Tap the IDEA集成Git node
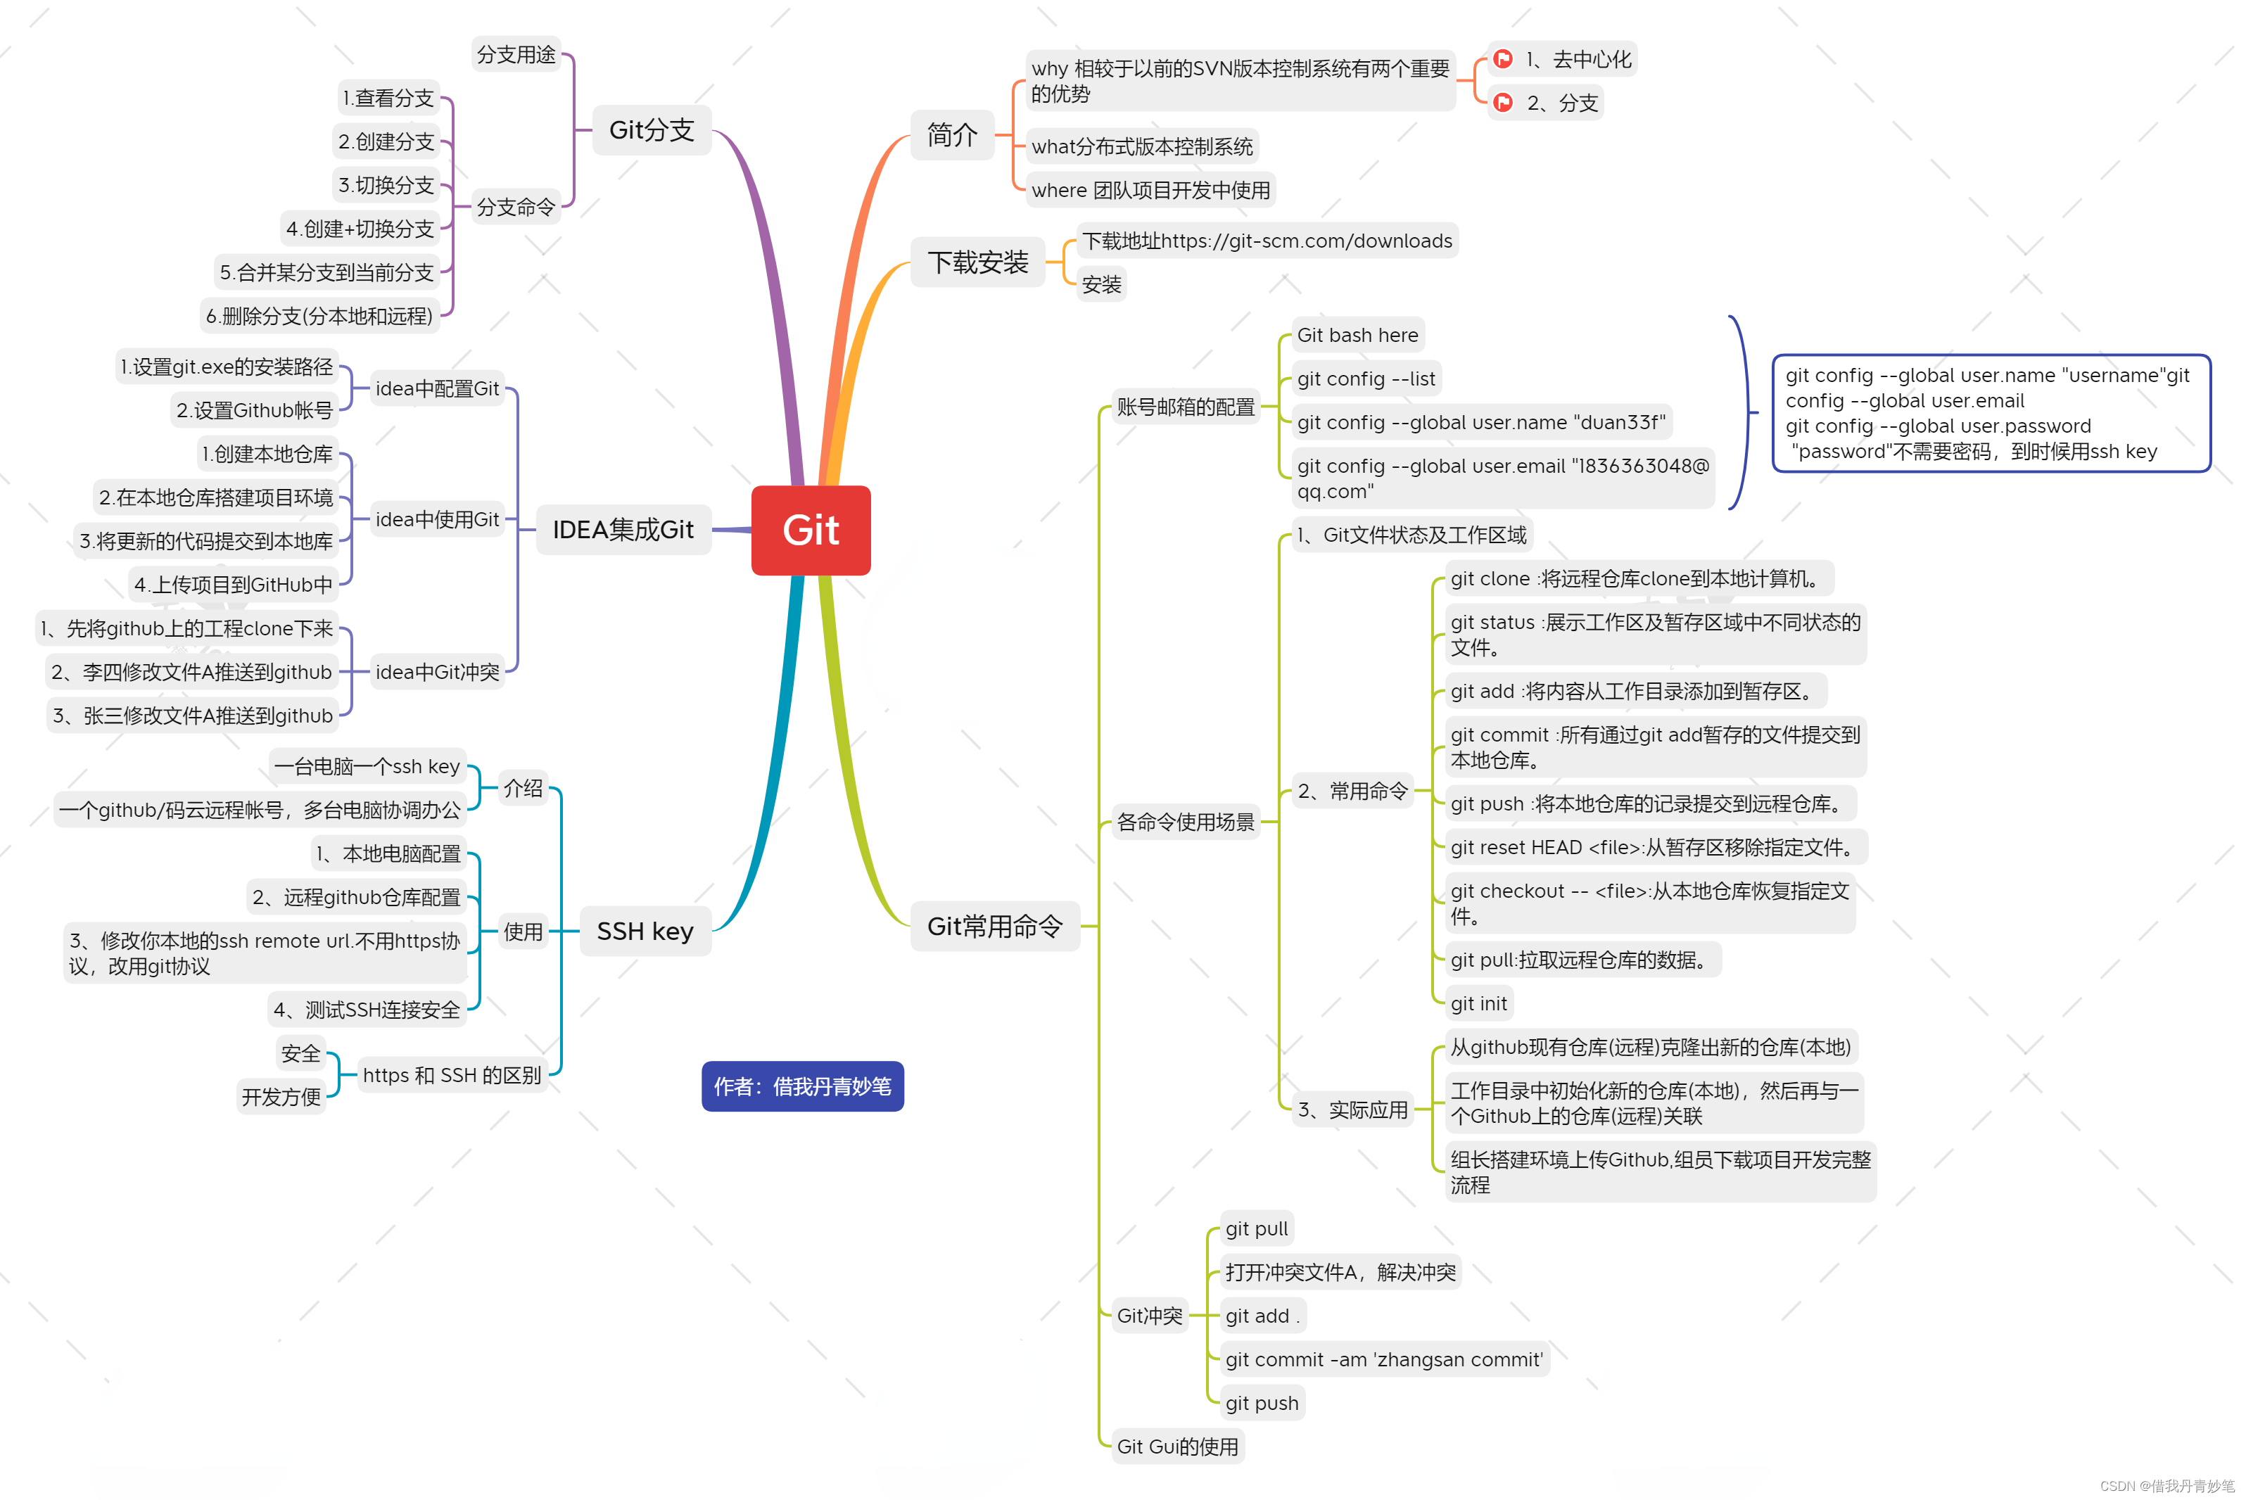click(x=623, y=530)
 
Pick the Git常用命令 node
click(x=995, y=926)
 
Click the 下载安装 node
click(x=977, y=262)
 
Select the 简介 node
click(x=952, y=135)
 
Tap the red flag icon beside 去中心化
click(x=1503, y=59)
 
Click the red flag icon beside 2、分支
click(x=1503, y=102)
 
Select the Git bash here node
click(x=1357, y=335)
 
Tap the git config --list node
click(x=1365, y=379)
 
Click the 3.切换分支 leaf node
click(x=386, y=184)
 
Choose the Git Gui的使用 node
click(x=1176, y=1447)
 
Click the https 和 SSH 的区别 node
click(x=452, y=1075)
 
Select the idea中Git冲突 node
click(x=437, y=673)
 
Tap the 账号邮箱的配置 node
click(x=1184, y=407)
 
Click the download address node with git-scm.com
click(x=1267, y=241)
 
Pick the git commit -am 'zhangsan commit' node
click(x=1383, y=1359)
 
